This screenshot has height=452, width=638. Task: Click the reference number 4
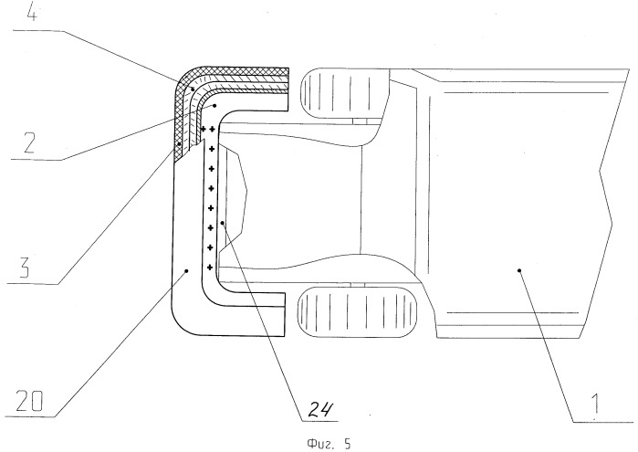[32, 13]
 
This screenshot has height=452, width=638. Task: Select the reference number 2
[29, 142]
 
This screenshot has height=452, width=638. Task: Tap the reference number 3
[25, 268]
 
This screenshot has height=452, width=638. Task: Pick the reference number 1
[594, 404]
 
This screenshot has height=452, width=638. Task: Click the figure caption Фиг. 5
[329, 444]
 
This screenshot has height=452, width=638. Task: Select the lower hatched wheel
[358, 312]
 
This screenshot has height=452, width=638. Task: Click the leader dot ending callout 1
[519, 270]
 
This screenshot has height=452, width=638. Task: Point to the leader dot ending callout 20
[187, 270]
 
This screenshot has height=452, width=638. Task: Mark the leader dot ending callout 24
[222, 223]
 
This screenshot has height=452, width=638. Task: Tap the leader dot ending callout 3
[179, 143]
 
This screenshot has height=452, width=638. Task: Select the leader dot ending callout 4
[192, 88]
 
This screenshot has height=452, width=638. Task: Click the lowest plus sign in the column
[210, 268]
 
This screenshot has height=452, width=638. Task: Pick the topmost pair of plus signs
[207, 129]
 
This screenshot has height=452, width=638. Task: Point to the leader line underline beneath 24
[319, 420]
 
